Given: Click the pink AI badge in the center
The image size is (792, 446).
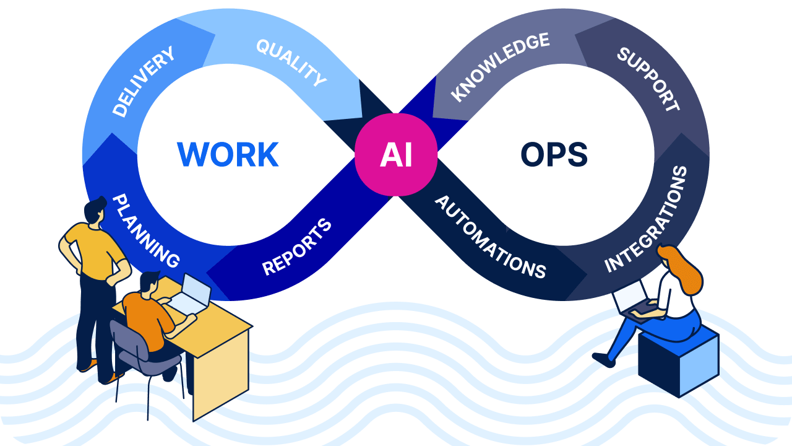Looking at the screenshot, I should click(396, 155).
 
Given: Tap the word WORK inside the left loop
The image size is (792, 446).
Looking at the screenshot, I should click(228, 155).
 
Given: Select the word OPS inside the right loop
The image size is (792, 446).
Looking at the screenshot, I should click(554, 155).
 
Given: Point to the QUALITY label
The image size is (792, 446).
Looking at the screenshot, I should click(291, 63).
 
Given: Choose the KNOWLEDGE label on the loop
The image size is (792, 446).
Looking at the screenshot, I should click(500, 66).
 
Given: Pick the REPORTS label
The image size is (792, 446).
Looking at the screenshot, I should click(297, 247).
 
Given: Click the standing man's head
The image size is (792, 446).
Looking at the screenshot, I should click(95, 211).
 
